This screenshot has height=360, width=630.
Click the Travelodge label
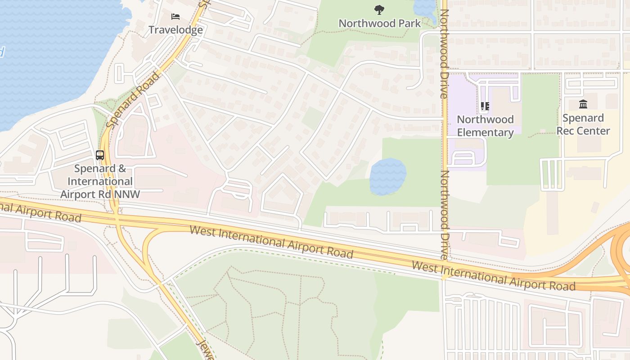tap(175, 30)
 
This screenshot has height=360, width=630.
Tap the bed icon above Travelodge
tap(175, 17)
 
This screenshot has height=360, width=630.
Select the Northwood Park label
tap(379, 23)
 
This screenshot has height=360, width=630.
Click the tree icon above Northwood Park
tap(379, 9)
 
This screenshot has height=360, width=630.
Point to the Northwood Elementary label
tap(485, 126)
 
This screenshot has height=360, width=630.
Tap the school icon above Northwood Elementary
tap(485, 106)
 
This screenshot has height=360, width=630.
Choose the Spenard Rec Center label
tap(583, 125)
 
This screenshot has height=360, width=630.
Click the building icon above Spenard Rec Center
tap(583, 104)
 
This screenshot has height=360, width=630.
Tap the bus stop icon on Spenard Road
tap(100, 155)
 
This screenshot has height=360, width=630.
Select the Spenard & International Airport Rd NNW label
tap(100, 181)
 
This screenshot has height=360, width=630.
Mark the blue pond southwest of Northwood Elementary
tap(387, 176)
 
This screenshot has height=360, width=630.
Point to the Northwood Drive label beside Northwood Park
tap(444, 54)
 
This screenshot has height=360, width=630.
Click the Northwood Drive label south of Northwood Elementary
tap(445, 215)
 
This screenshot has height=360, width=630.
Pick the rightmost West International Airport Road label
tap(493, 275)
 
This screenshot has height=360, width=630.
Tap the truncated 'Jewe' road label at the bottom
tap(205, 349)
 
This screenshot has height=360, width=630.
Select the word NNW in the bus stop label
tap(127, 194)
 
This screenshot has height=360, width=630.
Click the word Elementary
tap(485, 133)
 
